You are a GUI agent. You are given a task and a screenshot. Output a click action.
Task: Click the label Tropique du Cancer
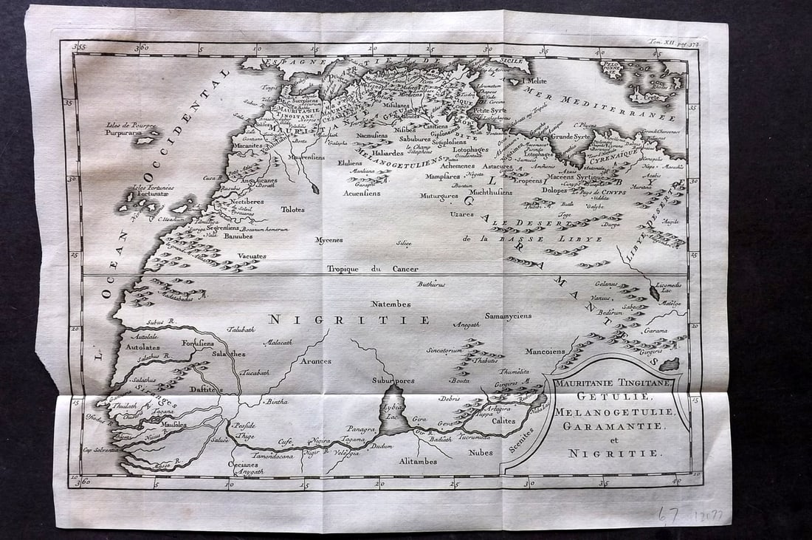372,269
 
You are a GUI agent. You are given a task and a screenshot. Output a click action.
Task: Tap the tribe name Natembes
391,304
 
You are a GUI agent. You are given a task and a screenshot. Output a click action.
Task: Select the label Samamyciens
508,315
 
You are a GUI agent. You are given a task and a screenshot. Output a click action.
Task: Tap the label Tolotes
292,209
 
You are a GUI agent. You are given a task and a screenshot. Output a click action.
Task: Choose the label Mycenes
328,240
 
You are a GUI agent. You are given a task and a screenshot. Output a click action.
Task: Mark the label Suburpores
393,381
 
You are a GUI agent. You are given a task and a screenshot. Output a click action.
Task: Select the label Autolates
142,346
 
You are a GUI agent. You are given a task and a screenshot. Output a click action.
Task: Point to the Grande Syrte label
571,137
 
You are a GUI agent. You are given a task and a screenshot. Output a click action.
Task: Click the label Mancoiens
546,352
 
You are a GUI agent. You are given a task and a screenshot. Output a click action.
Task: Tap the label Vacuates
252,256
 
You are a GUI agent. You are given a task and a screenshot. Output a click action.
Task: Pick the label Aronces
315,361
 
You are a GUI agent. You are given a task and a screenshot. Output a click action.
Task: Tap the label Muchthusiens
490,191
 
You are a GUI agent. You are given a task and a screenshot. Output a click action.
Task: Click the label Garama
655,332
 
